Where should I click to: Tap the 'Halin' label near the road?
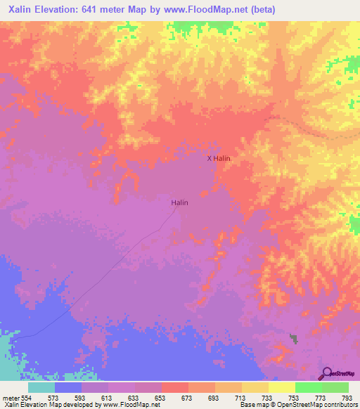coord(180,202)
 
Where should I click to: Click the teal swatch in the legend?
coord(41,387)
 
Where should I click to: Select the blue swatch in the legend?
coord(68,387)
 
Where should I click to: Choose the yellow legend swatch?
coord(282,387)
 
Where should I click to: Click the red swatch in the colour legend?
coord(175,387)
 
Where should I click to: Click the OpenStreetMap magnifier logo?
coord(326,373)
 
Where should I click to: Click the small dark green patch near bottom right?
coord(293,339)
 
